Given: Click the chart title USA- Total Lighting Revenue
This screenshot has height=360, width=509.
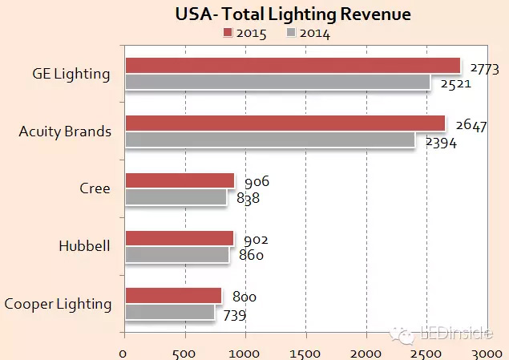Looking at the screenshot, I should pos(292,14).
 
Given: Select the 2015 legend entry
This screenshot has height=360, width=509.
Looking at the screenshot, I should pos(244,33).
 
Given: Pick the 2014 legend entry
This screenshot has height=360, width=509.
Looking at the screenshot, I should pos(309,33).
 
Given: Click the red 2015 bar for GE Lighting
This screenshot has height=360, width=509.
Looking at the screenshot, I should pos(293,66).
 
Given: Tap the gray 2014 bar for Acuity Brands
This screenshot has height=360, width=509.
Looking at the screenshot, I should pos(270,140).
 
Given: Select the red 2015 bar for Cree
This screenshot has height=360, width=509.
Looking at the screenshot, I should pos(180,180).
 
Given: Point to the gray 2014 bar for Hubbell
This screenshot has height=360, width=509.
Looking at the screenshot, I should pos(177,255).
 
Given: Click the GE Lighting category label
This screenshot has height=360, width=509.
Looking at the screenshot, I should pos(71,74).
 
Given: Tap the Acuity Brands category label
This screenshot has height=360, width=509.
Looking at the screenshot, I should pos(65,131).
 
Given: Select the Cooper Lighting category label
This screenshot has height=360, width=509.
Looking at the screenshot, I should pos(58,304).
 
